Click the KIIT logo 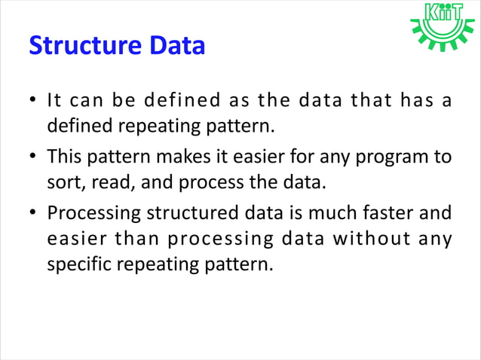point(443,27)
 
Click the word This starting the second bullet point(64,157)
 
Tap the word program point(393,157)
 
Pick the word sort point(64,182)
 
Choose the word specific point(78,265)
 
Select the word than point(131,239)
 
